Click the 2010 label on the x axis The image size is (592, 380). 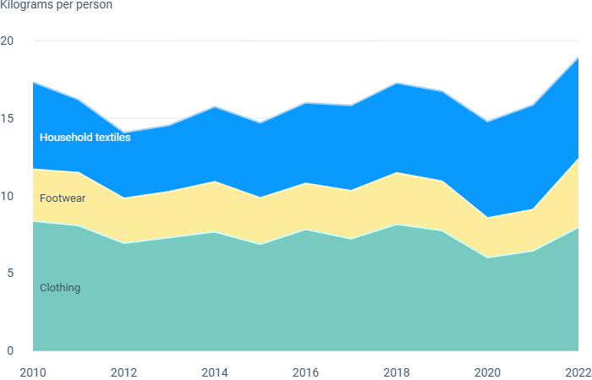[x=33, y=373]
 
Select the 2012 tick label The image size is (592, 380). [x=123, y=373]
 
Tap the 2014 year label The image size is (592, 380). [x=215, y=373]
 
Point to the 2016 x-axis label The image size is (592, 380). [x=306, y=373]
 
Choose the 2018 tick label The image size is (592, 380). [x=397, y=373]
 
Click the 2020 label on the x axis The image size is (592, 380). [x=487, y=373]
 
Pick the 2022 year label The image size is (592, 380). [x=578, y=373]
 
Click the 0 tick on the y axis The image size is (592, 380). [x=10, y=350]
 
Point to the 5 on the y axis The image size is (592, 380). [x=10, y=273]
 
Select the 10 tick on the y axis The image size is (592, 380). [x=7, y=196]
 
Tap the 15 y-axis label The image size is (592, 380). [x=7, y=118]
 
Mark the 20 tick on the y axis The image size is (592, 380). [x=7, y=41]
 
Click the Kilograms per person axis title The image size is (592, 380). [x=57, y=5]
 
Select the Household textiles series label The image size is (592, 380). [x=85, y=137]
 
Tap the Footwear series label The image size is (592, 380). [x=63, y=198]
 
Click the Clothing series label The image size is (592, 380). [x=60, y=288]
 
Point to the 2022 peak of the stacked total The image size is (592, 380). [x=578, y=57]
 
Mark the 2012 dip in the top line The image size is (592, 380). [x=123, y=133]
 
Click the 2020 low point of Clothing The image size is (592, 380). [x=487, y=258]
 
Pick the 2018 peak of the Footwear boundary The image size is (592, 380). [x=397, y=172]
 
